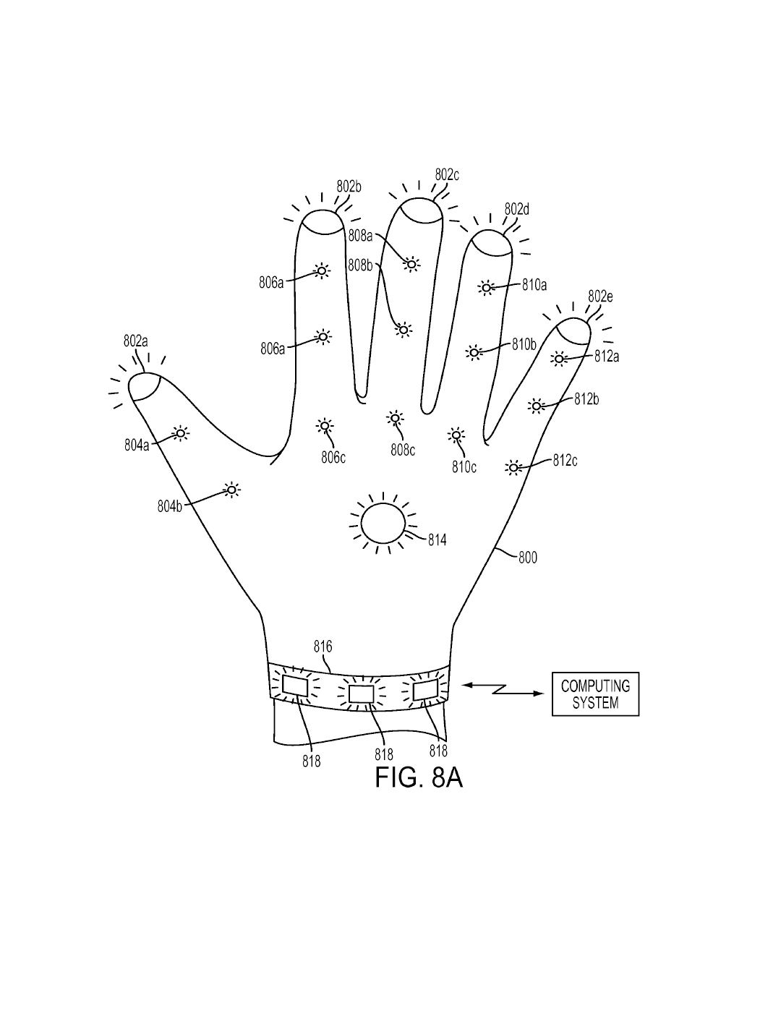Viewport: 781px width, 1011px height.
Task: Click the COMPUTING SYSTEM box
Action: (595, 694)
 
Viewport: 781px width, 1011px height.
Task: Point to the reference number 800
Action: (528, 558)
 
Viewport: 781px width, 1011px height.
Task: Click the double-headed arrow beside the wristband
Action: (502, 688)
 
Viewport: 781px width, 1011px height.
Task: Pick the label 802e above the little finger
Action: (600, 297)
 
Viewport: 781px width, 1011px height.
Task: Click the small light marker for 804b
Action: (231, 490)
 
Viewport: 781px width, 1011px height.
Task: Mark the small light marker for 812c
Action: (513, 468)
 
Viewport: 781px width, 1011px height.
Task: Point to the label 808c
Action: (403, 450)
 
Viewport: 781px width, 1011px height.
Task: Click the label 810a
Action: (534, 285)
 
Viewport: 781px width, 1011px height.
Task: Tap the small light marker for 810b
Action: (474, 352)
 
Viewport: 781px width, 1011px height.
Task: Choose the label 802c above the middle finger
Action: (447, 174)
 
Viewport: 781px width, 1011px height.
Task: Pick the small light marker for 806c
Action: (325, 425)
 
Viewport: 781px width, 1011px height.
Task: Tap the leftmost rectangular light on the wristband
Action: (294, 685)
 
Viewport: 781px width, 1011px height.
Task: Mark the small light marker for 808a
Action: (411, 264)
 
